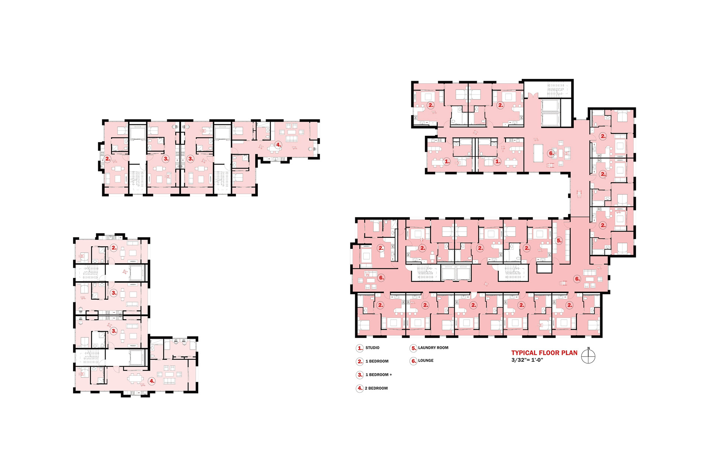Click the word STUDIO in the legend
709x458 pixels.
pos(372,348)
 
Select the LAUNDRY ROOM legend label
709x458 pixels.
pos(433,348)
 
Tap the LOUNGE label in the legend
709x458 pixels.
pos(426,361)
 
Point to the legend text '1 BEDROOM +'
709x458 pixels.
pos(379,375)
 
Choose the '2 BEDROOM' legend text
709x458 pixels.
pos(376,388)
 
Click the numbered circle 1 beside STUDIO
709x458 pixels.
pos(360,348)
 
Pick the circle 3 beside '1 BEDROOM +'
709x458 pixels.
pos(360,375)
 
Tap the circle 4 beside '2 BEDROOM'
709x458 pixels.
pos(360,388)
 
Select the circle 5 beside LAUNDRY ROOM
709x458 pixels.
pos(414,348)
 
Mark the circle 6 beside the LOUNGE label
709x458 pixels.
pos(414,361)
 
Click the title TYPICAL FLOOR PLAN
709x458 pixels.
pos(544,353)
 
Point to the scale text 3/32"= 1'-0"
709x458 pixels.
pos(527,360)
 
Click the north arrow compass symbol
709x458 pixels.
pos(588,356)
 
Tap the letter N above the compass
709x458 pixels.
pos(589,348)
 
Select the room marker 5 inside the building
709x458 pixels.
pos(559,240)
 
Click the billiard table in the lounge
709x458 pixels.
pos(538,153)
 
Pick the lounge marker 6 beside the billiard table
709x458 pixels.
pos(551,153)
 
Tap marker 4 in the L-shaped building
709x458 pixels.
pos(152,381)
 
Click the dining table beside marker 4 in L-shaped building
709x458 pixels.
pos(135,378)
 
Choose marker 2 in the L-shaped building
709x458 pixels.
pos(114,248)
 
